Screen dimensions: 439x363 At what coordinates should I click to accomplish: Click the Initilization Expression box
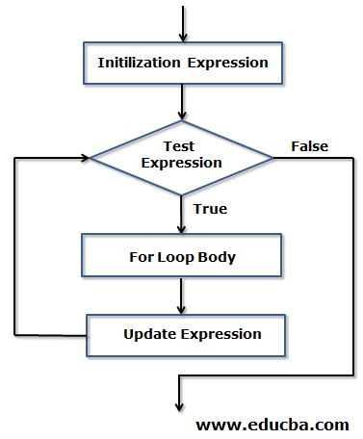[181, 63]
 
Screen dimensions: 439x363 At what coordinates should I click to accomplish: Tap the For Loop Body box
[181, 257]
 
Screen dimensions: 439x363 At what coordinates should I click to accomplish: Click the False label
[309, 146]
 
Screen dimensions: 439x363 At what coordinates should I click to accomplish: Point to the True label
[210, 208]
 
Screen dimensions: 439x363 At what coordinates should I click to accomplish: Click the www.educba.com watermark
[272, 424]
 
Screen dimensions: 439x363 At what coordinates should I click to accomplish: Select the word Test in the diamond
[181, 147]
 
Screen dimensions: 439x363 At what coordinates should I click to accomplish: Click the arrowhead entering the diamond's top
[181, 114]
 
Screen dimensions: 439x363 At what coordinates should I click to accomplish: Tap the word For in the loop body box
[142, 257]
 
